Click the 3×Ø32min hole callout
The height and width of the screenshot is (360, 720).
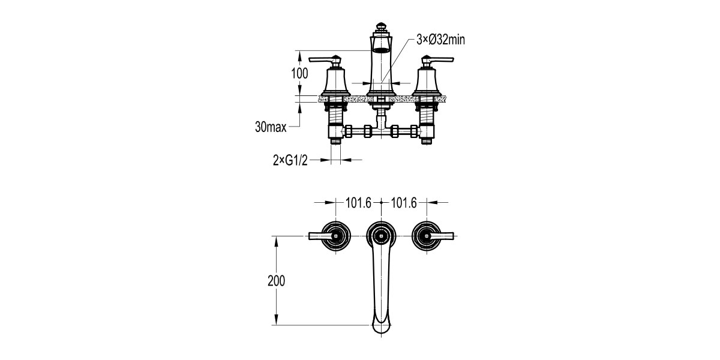(441, 40)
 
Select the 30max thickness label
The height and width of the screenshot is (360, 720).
(270, 127)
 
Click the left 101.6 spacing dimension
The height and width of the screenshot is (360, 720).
(359, 203)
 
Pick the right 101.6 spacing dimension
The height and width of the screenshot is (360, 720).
(404, 203)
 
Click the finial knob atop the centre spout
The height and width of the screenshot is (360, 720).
(381, 27)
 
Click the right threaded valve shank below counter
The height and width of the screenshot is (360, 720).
(427, 112)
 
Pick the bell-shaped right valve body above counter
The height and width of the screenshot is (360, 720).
(427, 82)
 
